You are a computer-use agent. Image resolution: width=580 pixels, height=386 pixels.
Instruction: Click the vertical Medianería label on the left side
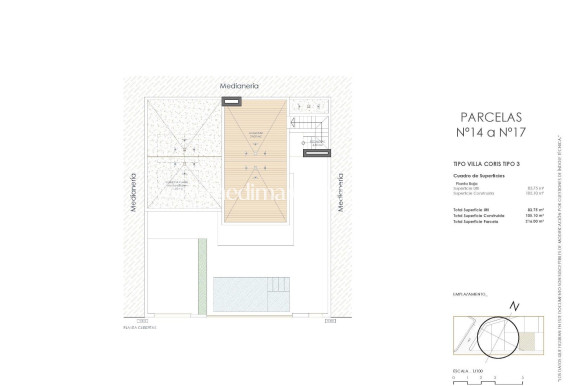coord(133,191)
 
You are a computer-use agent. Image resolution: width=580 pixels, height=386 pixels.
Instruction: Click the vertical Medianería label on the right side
coord(341,191)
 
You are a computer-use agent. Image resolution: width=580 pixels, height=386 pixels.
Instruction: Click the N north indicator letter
coord(513,306)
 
